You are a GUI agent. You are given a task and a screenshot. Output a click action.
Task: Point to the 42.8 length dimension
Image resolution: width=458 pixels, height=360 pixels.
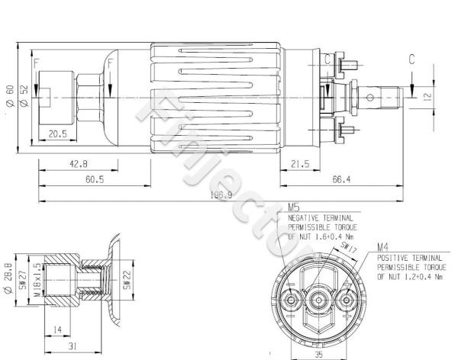pyautogui.click(x=78, y=163)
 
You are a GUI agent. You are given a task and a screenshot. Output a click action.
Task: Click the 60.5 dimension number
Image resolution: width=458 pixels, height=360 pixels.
pyautogui.click(x=95, y=179)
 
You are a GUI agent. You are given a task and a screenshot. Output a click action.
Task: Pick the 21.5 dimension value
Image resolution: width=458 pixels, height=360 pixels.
pyautogui.click(x=299, y=163)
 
